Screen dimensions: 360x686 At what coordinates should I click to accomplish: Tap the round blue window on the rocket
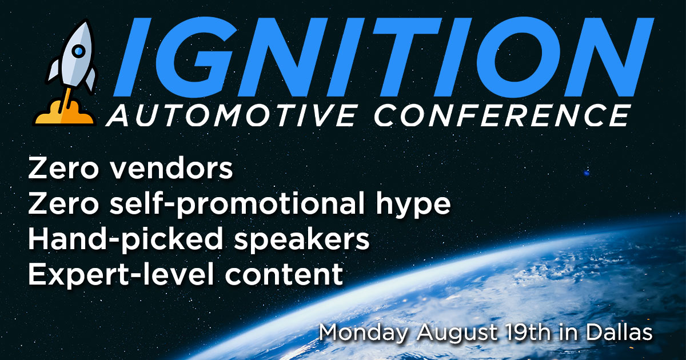coord(79,51)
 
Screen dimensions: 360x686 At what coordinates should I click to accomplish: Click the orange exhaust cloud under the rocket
coord(64,113)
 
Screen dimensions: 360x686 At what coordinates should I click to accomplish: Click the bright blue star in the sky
coord(587,172)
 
